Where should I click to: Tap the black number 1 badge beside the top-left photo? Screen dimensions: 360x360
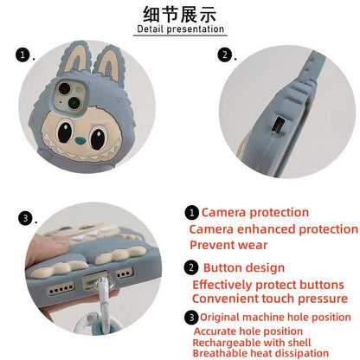(22, 56)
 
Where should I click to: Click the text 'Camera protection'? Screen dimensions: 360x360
(254, 212)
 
